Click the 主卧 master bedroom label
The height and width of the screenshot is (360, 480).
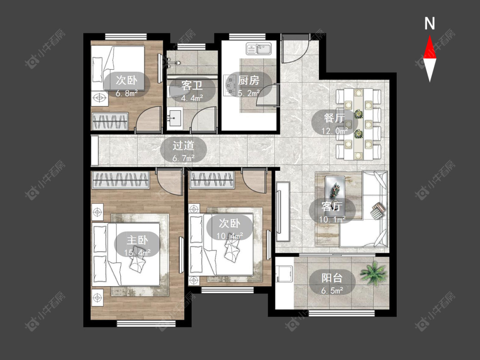(137, 240)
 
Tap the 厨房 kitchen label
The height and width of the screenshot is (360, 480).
(249, 80)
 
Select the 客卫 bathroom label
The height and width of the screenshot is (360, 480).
(192, 85)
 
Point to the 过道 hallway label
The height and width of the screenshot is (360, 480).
(183, 145)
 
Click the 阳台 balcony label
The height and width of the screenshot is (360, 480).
(332, 278)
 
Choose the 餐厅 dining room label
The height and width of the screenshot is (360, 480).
(334, 118)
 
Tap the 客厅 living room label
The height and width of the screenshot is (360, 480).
(332, 206)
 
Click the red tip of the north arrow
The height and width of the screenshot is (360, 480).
(430, 36)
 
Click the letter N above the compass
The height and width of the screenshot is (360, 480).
(430, 23)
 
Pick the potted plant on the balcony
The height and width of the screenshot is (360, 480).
(373, 273)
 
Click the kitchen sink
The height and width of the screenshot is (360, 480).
(259, 49)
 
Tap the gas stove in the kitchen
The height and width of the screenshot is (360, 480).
(229, 85)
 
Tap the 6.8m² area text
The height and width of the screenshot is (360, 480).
(126, 93)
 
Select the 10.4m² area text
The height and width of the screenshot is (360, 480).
(230, 236)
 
